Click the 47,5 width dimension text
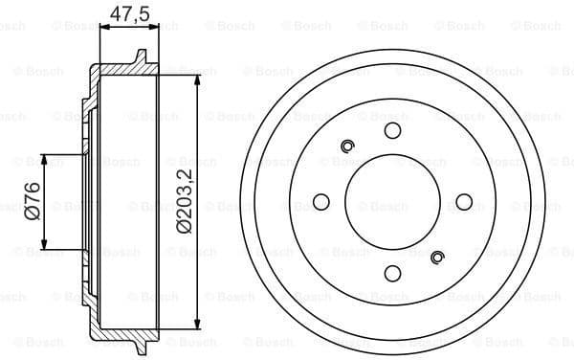coord(125,14)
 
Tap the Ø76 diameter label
coord(30,201)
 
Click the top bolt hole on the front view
coord(392,130)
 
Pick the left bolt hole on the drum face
coord(321,201)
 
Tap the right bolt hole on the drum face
coord(464,201)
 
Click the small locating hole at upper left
coord(348,146)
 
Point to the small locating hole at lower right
coord(438,256)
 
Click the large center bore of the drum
coord(392,201)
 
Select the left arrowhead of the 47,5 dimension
coord(103,29)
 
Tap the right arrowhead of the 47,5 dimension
coord(151,29)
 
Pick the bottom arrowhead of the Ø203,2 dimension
coord(196,324)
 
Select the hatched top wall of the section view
coord(120,70)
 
